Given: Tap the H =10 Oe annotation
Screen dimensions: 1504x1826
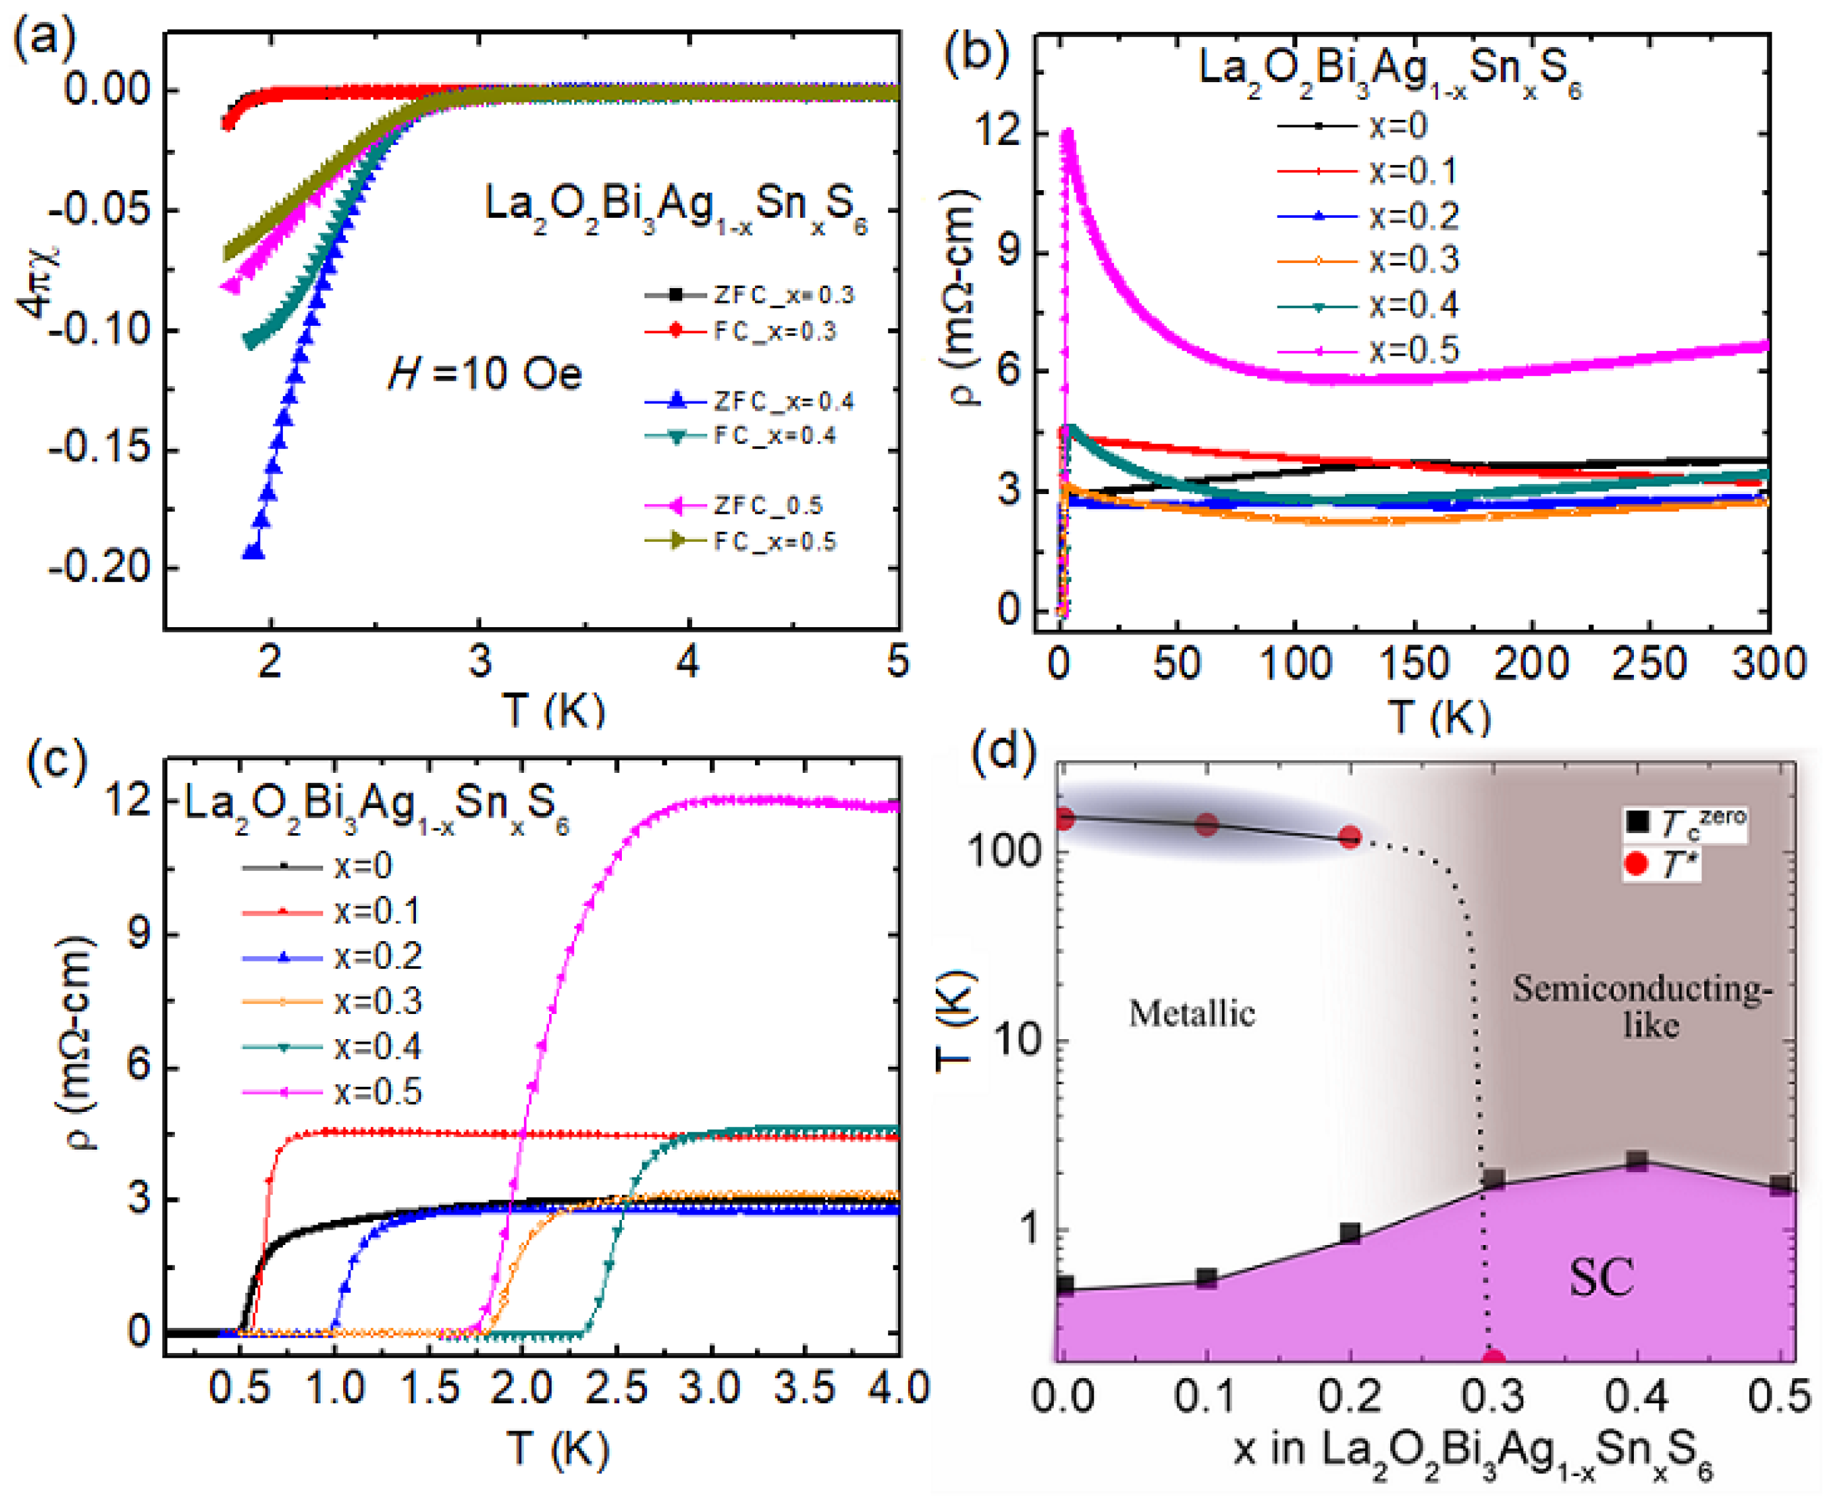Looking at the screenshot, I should [x=484, y=374].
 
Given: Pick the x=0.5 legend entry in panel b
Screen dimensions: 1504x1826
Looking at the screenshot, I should [x=1368, y=350].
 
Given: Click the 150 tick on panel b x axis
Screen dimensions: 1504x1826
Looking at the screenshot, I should [x=1413, y=663].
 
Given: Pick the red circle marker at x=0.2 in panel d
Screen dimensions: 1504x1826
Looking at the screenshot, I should [x=1350, y=837].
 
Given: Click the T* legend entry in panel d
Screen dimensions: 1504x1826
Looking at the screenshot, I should [x=1662, y=865].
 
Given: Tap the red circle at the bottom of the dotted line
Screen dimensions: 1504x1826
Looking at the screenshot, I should [x=1492, y=1358].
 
